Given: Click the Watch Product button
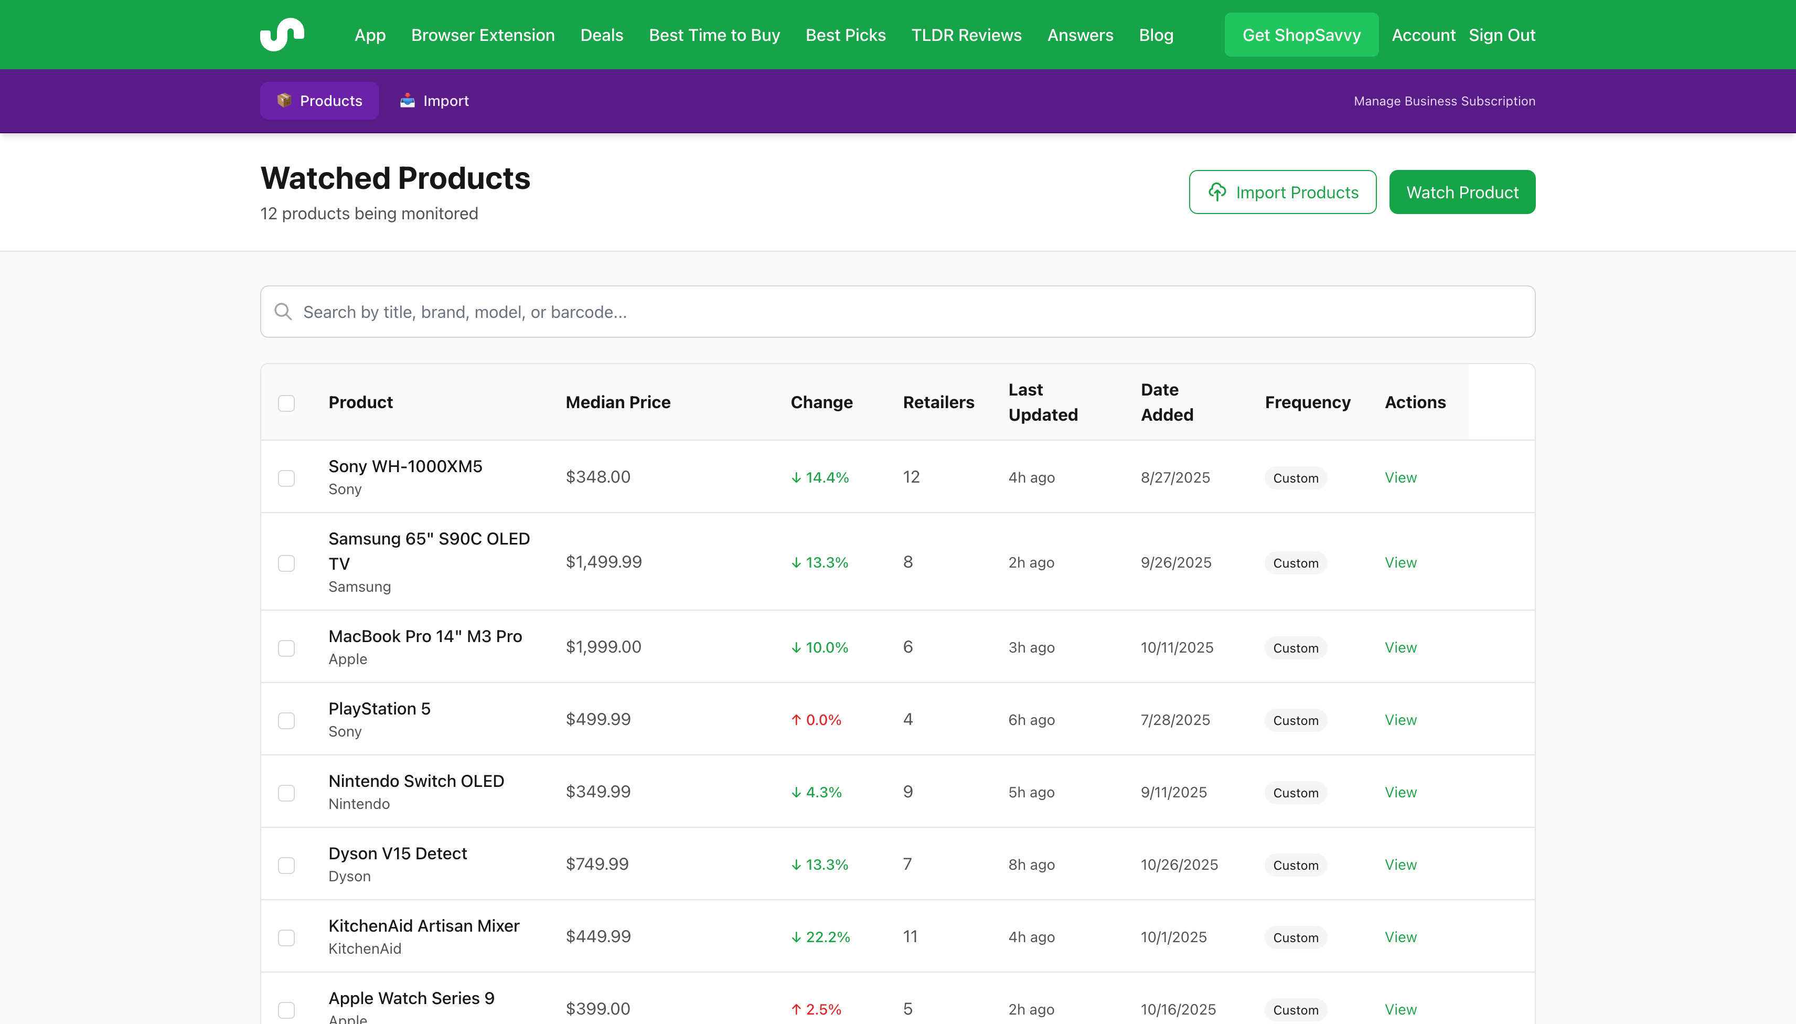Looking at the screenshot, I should [x=1461, y=192].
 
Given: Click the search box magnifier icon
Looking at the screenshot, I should [x=283, y=312].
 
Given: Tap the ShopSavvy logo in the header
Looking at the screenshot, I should [x=282, y=35].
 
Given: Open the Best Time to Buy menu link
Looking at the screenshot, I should [x=714, y=35].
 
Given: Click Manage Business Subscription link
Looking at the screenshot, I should [x=1444, y=101].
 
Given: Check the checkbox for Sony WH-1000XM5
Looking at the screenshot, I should [x=286, y=478].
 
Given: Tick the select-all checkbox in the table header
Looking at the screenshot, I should [x=286, y=403].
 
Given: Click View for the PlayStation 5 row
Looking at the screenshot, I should [x=1400, y=719].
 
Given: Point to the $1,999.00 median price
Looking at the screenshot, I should [x=603, y=647].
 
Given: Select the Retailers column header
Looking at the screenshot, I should [x=938, y=402].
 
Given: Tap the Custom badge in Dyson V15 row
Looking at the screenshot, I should [x=1295, y=865].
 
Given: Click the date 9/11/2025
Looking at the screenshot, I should [x=1173, y=792].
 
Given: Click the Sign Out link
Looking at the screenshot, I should [x=1501, y=35].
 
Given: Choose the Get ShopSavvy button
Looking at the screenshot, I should [x=1301, y=35].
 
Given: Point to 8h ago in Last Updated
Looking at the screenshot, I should [x=1031, y=865].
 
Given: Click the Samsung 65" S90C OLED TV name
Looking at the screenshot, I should [x=429, y=551].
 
